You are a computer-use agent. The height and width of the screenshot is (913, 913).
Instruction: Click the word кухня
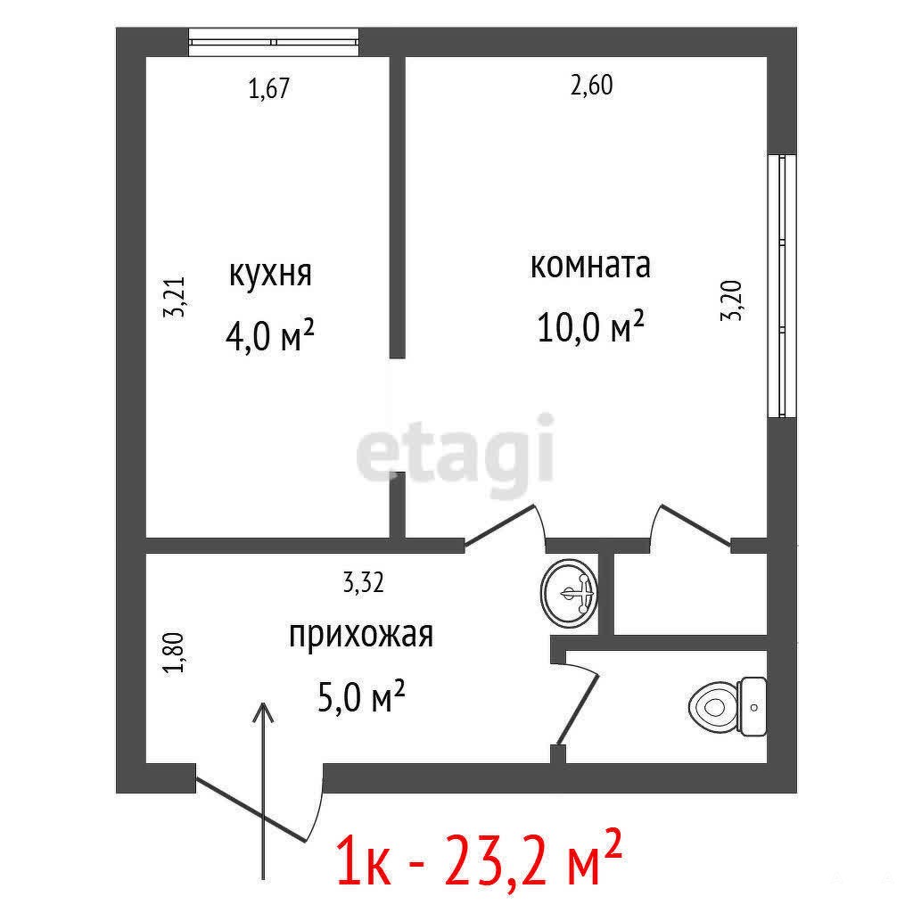click(x=271, y=274)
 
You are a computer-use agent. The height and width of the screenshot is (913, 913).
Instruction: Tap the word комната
click(x=590, y=266)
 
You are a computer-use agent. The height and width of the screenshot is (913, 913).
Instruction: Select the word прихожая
click(x=361, y=635)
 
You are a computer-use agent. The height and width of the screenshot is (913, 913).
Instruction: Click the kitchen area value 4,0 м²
click(x=270, y=336)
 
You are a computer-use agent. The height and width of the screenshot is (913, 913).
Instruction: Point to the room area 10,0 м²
click(x=590, y=326)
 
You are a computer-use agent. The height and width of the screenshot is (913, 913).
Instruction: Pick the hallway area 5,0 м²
click(x=361, y=696)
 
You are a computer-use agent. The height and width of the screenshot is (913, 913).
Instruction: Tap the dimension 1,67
click(x=269, y=88)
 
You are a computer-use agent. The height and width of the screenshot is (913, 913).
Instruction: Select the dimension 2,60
click(x=592, y=85)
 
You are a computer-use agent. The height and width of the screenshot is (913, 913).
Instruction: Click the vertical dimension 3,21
click(x=174, y=296)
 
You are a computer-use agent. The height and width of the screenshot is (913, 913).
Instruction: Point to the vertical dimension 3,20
click(x=731, y=301)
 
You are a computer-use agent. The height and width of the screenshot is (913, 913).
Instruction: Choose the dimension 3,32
click(x=364, y=583)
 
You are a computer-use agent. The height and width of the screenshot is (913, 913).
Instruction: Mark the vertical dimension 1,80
click(x=174, y=653)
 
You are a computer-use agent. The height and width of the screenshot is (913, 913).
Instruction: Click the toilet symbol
click(x=728, y=706)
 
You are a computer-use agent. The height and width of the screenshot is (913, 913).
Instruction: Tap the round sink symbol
click(x=569, y=593)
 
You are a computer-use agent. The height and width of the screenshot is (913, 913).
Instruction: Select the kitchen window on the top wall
click(x=274, y=42)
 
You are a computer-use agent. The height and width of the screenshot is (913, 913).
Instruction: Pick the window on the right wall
click(x=781, y=286)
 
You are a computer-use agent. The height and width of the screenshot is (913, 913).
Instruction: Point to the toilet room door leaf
click(x=578, y=711)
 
